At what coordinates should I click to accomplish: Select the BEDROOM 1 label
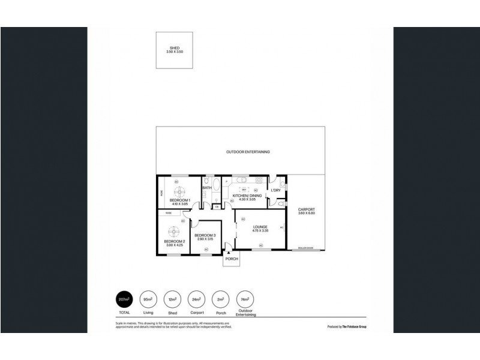coord(180,200)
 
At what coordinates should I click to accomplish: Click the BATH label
coord(206,188)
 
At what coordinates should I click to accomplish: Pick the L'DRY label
coord(275,191)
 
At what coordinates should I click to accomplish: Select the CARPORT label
coord(306,209)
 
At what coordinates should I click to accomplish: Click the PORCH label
coord(232,259)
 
